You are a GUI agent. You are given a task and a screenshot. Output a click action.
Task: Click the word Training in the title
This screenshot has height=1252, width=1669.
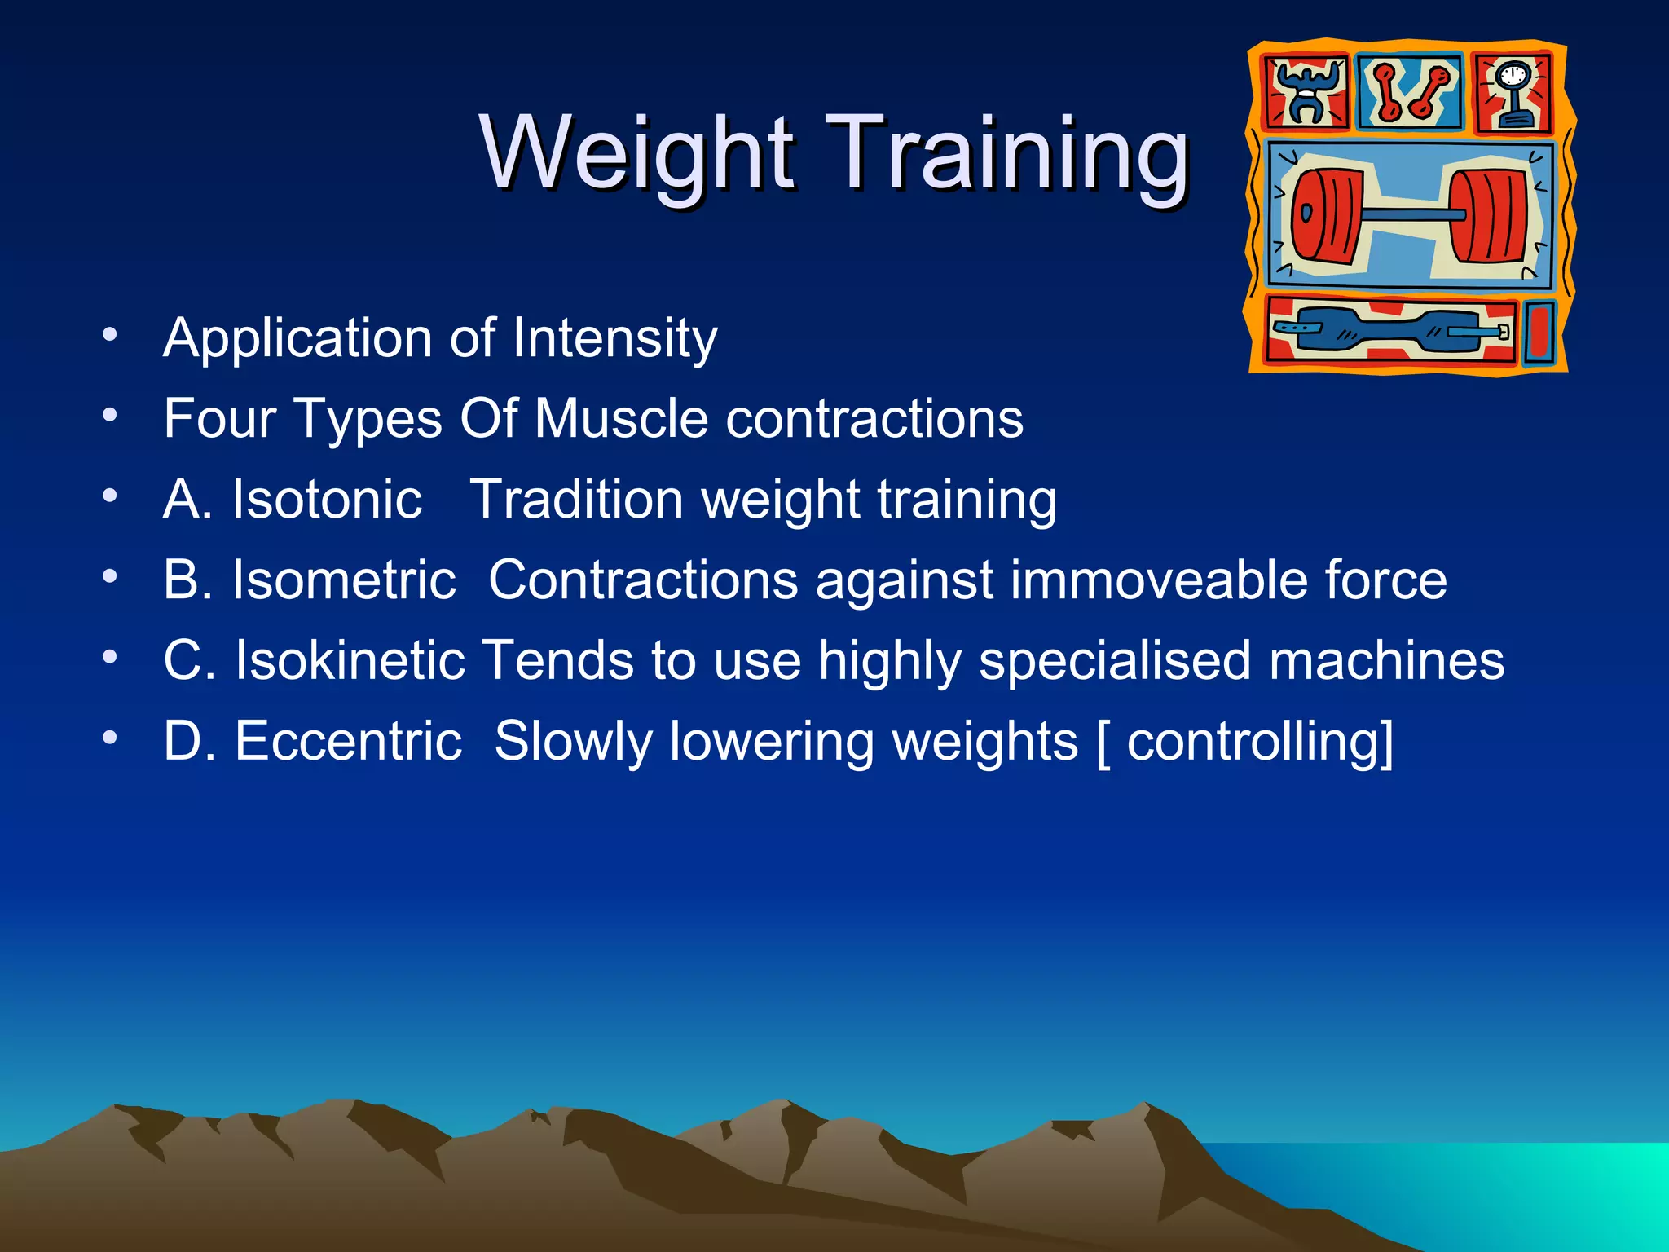[1007, 153]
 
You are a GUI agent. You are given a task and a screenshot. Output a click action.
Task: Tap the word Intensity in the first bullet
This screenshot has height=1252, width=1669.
[615, 337]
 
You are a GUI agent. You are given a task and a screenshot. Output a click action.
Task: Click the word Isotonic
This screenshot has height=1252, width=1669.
[327, 499]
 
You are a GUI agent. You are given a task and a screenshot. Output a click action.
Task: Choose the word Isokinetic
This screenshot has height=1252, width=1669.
[350, 659]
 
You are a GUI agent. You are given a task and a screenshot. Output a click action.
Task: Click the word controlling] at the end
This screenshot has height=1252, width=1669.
[1260, 742]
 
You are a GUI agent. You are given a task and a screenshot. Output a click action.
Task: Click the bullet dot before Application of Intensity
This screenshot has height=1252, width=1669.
[110, 334]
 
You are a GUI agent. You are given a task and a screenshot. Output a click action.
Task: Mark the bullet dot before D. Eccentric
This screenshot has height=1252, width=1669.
[110, 738]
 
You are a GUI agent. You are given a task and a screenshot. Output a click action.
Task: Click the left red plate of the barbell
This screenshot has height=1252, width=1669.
[1325, 215]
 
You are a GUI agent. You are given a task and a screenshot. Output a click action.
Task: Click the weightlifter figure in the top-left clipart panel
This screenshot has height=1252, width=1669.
[1306, 91]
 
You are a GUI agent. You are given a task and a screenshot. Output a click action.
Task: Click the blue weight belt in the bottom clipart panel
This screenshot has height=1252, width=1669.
[1385, 330]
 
